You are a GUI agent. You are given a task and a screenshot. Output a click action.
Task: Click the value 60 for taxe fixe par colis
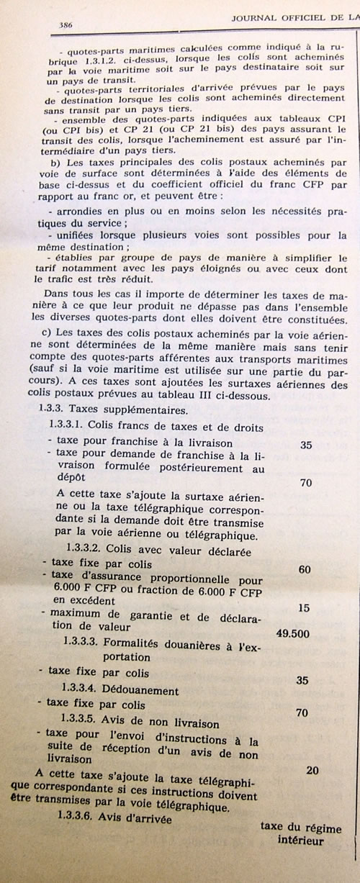(x=304, y=570)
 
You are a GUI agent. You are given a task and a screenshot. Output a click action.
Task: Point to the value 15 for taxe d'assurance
(x=304, y=608)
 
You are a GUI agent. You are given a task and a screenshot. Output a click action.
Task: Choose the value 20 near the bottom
(x=312, y=771)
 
